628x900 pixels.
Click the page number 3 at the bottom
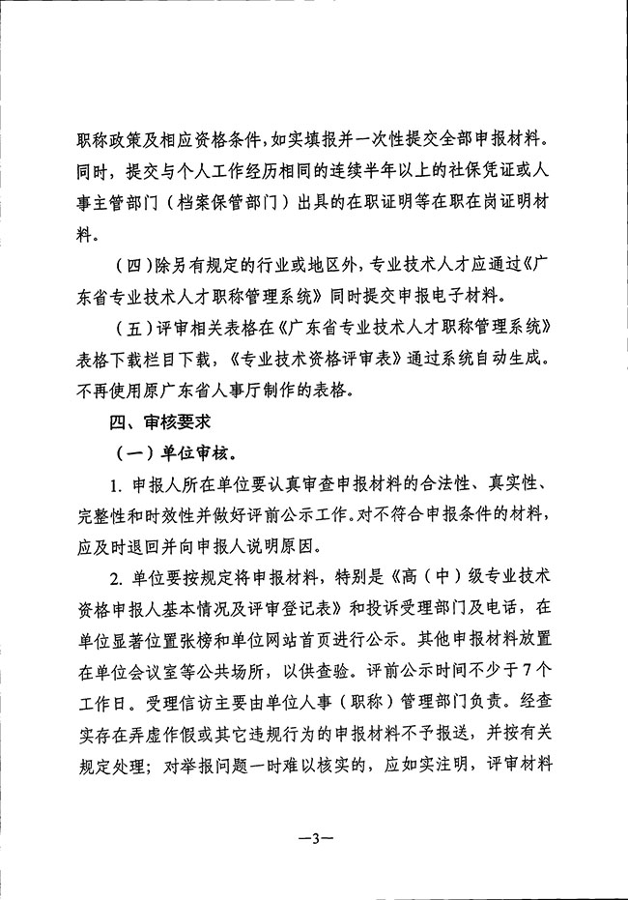pos(315,838)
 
